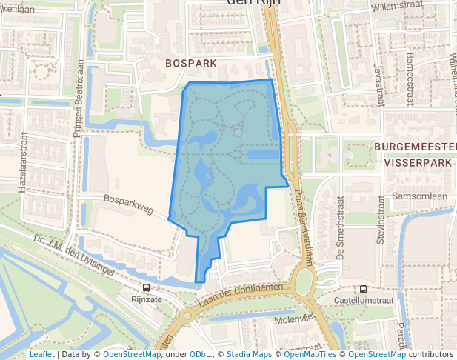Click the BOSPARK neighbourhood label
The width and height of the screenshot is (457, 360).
[191, 64]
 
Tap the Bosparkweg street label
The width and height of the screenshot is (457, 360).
[128, 204]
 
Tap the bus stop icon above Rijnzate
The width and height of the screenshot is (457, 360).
[145, 288]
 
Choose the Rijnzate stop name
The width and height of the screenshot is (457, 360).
[145, 300]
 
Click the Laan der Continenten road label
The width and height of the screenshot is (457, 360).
[242, 294]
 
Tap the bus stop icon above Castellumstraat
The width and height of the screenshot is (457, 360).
[363, 290]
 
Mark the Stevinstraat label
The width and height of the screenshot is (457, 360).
[380, 220]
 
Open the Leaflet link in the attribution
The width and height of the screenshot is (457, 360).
[41, 354]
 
